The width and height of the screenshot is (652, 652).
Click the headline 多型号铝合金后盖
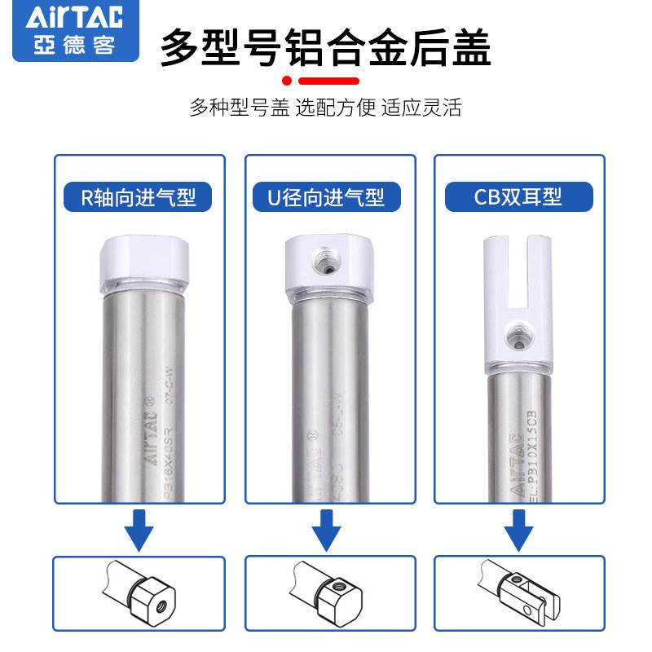(325, 46)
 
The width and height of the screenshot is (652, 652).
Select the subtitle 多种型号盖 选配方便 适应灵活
(325, 108)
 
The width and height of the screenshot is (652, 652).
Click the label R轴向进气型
(139, 196)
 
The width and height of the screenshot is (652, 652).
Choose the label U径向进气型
(325, 196)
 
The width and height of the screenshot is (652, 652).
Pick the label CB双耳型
(518, 196)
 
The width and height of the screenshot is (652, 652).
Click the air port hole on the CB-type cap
(515, 334)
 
